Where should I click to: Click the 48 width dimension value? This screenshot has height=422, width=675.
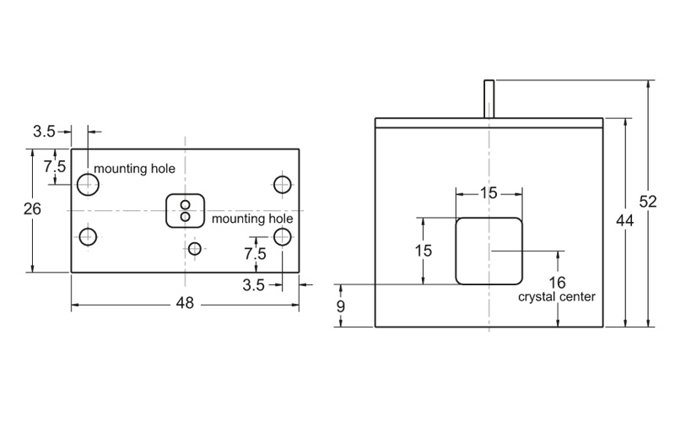(185, 304)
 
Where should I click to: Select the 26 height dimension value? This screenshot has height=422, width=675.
(32, 210)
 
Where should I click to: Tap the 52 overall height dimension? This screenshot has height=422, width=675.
(648, 202)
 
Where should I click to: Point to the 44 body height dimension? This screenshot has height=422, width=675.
(624, 220)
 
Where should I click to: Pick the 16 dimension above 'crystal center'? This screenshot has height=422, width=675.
(557, 282)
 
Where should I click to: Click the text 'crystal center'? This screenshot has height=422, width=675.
(557, 297)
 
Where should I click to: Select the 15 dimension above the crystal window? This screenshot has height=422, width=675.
(489, 193)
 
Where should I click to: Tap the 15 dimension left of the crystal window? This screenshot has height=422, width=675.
(423, 250)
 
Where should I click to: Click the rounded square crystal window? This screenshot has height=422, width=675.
(489, 251)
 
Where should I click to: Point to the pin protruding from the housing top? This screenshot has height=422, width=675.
(489, 99)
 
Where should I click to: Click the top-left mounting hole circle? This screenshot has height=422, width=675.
(86, 183)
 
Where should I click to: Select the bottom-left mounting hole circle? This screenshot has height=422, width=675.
(86, 237)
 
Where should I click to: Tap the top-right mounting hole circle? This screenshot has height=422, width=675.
(283, 183)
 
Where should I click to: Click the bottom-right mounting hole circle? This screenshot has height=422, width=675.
(283, 237)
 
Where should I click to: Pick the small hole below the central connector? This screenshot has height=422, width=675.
(195, 248)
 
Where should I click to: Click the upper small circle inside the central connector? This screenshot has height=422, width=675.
(186, 204)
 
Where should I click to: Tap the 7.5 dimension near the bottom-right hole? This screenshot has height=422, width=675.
(255, 253)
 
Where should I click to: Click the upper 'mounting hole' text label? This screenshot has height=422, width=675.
(134, 169)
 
